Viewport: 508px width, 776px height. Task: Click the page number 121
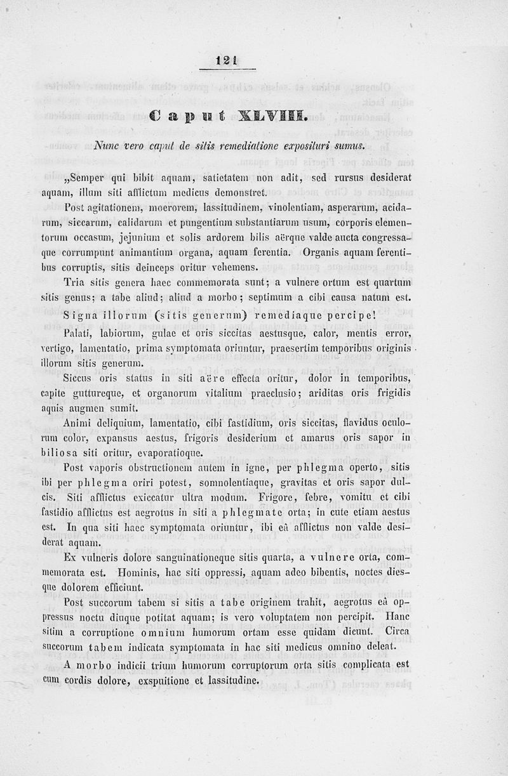[x=225, y=60]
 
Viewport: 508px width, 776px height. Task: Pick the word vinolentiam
[x=282, y=207]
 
